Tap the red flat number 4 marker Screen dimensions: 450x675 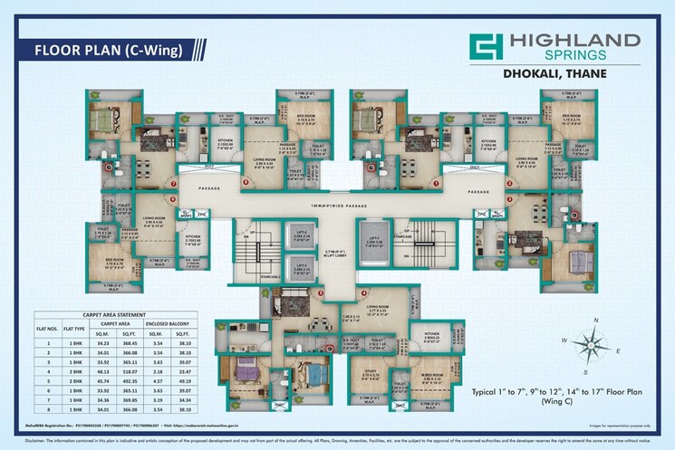360,293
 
